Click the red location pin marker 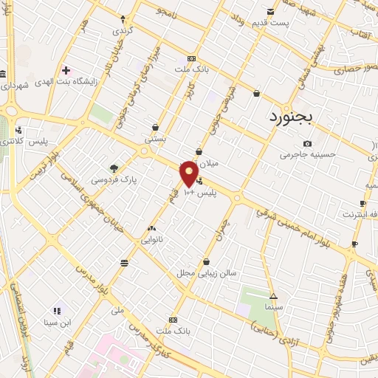tap(189, 174)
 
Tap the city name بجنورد tap(291, 117)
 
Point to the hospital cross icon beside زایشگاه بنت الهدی tap(66, 70)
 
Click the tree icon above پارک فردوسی tap(113, 168)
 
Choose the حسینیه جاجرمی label tap(307, 155)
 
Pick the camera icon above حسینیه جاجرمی tap(307, 143)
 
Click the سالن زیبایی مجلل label tap(206, 273)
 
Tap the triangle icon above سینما tap(273, 295)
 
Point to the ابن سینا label tap(56, 323)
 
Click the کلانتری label tap(10, 141)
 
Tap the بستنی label tap(155, 138)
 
